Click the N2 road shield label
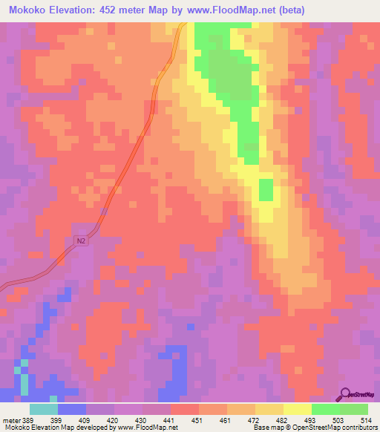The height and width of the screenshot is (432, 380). click(82, 241)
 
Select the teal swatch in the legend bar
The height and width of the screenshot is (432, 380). click(43, 409)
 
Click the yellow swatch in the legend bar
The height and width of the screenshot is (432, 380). click(297, 409)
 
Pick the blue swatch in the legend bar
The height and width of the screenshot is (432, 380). click(71, 409)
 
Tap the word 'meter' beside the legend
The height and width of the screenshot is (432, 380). click(12, 420)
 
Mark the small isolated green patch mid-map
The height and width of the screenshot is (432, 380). click(265, 190)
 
